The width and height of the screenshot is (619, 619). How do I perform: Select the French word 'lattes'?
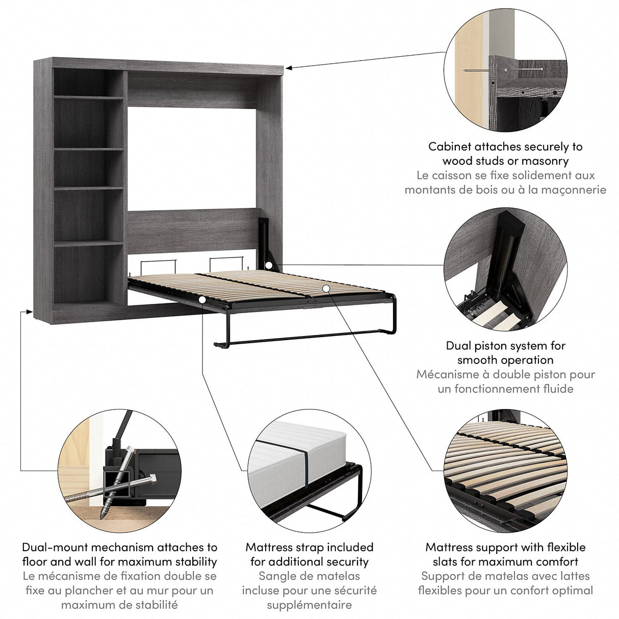[570, 576]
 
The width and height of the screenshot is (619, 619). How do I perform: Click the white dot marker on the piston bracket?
[269, 265]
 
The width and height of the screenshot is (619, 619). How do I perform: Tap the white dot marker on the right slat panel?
[326, 289]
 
